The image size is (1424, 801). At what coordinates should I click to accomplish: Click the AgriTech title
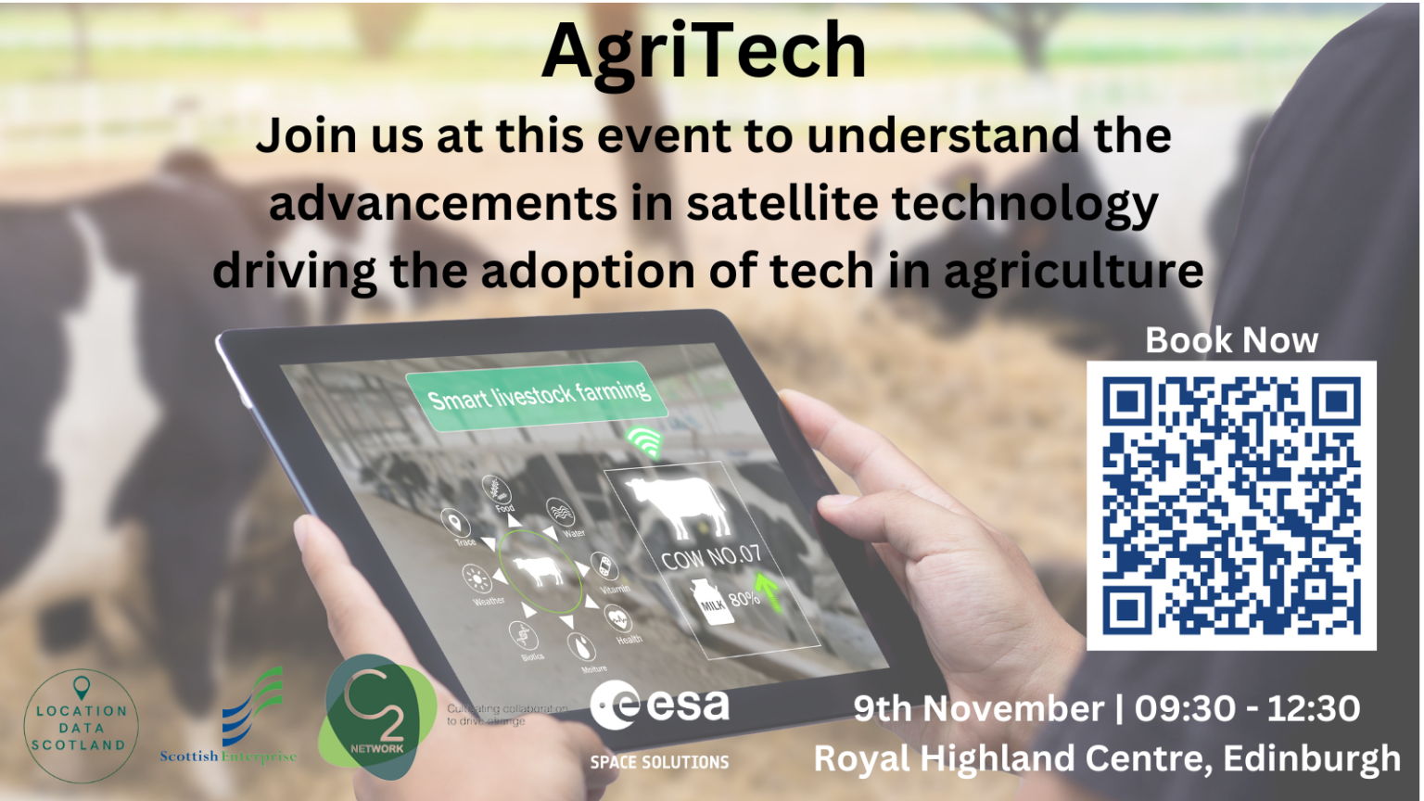tap(704, 52)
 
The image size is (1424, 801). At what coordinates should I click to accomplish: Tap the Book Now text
tap(1231, 340)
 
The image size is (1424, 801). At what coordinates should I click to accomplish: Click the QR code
tap(1231, 505)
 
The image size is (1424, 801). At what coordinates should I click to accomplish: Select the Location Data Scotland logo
tap(81, 726)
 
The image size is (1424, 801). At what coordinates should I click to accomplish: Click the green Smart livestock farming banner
tap(538, 397)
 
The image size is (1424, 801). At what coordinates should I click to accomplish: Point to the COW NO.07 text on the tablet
tap(711, 556)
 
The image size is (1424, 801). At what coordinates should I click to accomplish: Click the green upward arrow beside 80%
tap(767, 591)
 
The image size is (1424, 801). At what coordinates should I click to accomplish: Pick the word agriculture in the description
tap(1074, 272)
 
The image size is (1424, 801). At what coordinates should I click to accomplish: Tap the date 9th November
tap(978, 709)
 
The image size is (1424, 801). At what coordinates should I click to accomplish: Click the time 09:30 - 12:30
tap(1248, 709)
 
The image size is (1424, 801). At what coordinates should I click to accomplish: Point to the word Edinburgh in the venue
tap(1312, 758)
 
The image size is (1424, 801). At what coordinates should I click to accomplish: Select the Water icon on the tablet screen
tap(561, 515)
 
